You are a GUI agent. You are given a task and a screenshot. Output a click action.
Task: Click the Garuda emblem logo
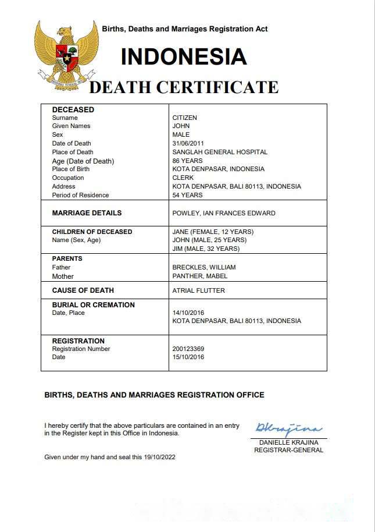(x=65, y=53)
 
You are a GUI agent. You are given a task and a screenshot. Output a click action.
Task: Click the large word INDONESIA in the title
(x=184, y=57)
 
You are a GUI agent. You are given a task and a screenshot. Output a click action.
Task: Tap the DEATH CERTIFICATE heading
(x=184, y=87)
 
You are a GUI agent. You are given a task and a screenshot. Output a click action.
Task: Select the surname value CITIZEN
(x=185, y=118)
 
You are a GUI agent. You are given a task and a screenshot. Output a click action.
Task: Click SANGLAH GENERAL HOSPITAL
(x=220, y=152)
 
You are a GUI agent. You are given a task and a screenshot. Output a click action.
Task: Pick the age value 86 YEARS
(x=187, y=161)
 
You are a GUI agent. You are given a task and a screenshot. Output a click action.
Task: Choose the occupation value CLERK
(x=183, y=178)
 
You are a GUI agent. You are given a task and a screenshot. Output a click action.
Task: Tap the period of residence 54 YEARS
(x=187, y=195)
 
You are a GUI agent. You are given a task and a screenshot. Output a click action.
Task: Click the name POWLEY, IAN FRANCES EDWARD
(x=224, y=213)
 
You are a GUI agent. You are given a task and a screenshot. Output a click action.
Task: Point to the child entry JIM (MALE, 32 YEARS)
(x=206, y=249)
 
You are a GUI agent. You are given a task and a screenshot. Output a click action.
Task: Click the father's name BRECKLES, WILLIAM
(x=204, y=267)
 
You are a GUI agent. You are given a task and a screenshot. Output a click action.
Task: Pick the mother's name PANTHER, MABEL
(x=200, y=276)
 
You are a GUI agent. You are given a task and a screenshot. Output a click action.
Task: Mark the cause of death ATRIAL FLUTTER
(x=198, y=290)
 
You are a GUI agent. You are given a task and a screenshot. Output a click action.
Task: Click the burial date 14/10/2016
(x=188, y=313)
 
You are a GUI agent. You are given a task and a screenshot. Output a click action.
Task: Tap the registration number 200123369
(x=188, y=349)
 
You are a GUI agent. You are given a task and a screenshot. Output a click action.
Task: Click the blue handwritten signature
(x=288, y=430)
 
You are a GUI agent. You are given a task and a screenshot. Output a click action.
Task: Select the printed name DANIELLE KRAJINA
(x=288, y=443)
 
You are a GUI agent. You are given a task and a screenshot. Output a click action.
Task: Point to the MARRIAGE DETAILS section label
(x=87, y=213)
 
